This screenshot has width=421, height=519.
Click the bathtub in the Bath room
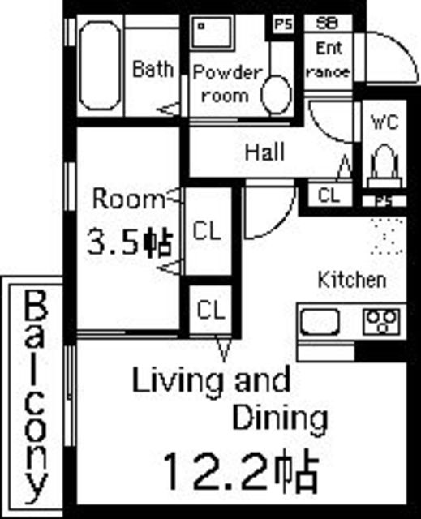pos(100,66)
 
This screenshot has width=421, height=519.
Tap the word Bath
pos(153,69)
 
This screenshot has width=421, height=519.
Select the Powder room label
pos(227,84)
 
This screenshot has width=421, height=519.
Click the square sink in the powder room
pos(211,32)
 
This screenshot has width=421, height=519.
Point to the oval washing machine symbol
pos(277,94)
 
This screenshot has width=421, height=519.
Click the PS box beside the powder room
pos(283,24)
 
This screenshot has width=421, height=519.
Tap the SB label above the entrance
pos(327,24)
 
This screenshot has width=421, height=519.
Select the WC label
pos(384,122)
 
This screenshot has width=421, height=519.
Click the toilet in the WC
pos(384,166)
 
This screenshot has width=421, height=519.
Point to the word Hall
pos(264,152)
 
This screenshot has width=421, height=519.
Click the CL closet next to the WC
pos(329,195)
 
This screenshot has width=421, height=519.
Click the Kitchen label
pos(352,280)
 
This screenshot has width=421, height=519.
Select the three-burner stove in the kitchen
pos(382,321)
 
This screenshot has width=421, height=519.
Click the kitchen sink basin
pos(320,323)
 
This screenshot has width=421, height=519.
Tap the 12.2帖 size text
pos(241,470)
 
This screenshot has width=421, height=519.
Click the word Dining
pos(280,419)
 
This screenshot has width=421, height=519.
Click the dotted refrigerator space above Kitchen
pos(387,236)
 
